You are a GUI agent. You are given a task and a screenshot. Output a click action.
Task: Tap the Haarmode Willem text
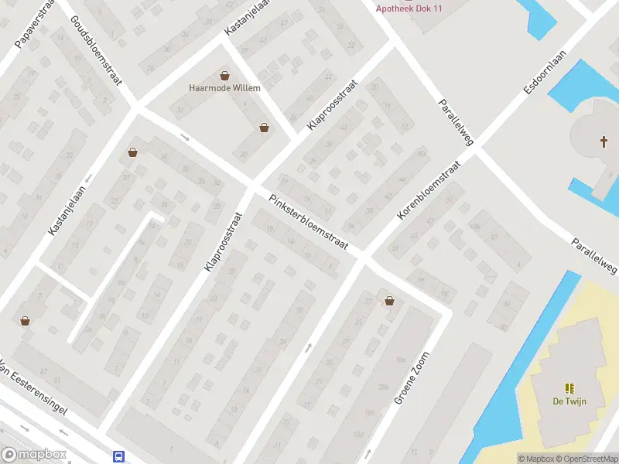click(224, 87)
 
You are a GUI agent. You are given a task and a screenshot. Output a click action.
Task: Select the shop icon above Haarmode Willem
click(225, 76)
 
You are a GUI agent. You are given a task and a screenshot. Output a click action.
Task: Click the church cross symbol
click(604, 142)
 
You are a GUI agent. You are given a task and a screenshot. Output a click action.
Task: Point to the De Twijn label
click(569, 401)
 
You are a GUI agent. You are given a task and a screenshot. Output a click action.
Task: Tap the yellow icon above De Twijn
click(569, 388)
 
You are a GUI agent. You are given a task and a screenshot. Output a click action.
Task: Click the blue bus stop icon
click(119, 456)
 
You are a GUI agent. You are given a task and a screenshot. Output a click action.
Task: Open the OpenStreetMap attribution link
click(587, 459)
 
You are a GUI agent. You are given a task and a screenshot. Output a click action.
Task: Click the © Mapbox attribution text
click(536, 459)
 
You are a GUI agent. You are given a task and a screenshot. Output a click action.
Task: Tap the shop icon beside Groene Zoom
click(388, 301)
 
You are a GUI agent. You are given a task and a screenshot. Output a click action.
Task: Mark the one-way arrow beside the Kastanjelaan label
click(87, 179)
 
